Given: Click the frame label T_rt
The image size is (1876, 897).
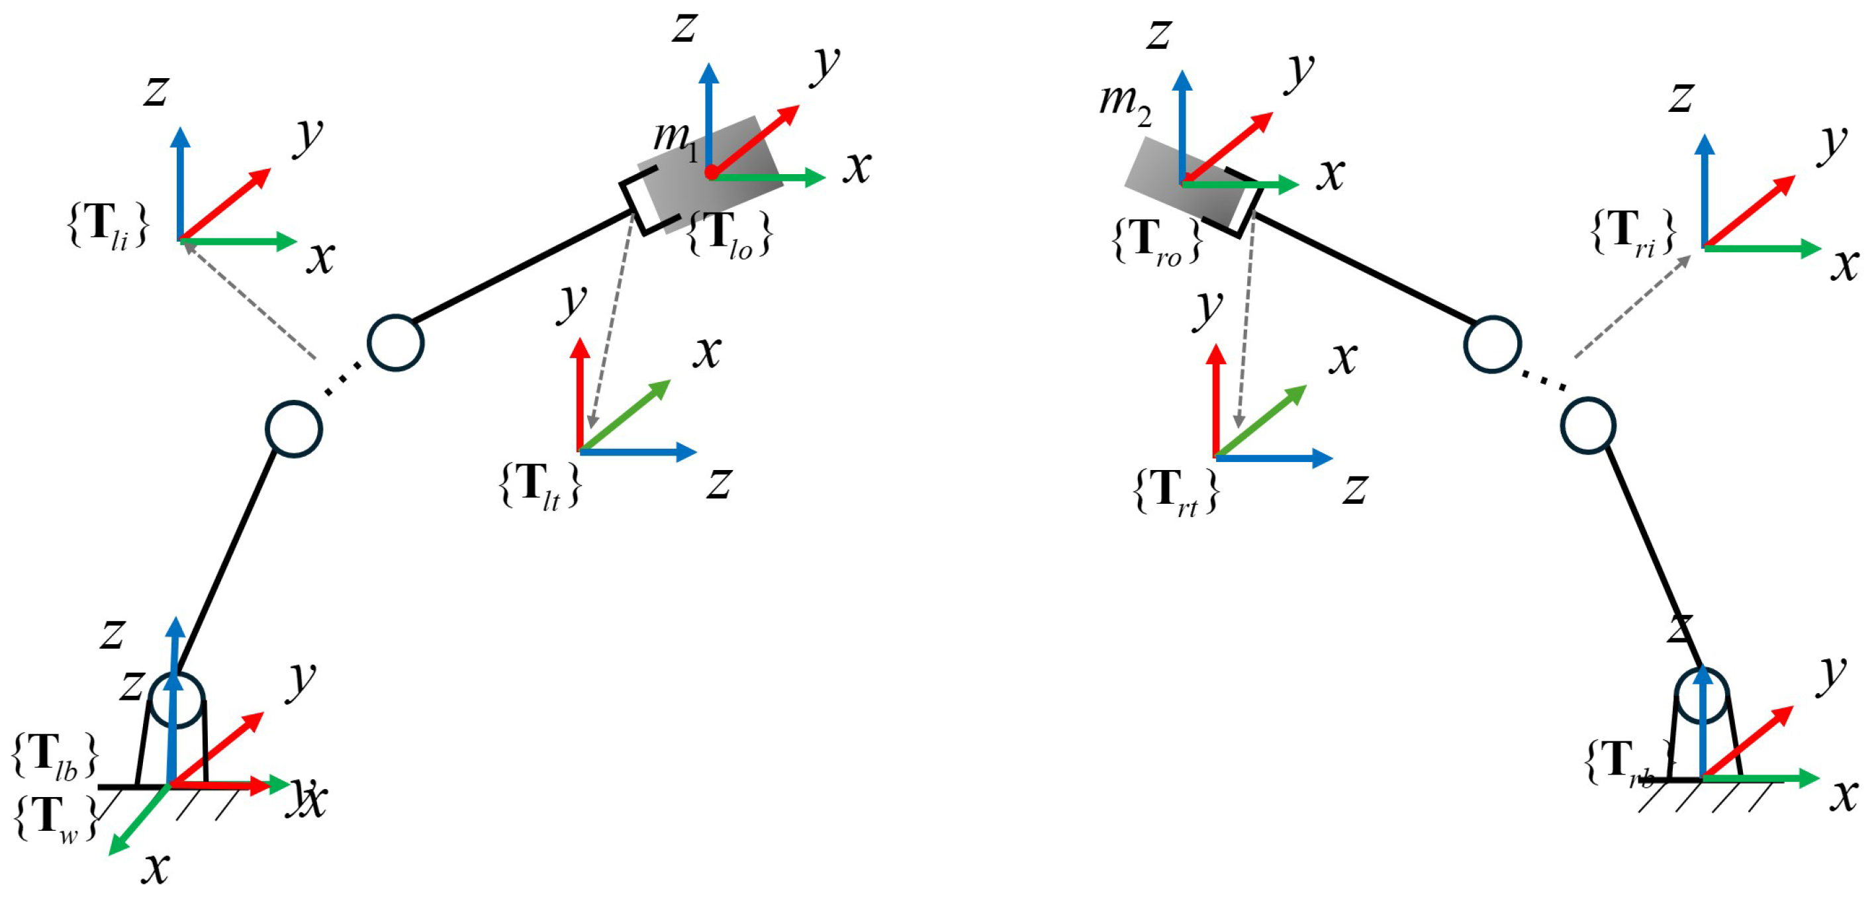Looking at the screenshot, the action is pos(1176,492).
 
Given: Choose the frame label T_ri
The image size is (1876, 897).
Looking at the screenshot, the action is pos(1634,232).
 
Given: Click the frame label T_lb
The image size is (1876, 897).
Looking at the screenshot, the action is pos(56,756).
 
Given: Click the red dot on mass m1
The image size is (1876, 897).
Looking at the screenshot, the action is pos(712,173).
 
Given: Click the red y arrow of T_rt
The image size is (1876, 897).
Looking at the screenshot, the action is pos(1215,401).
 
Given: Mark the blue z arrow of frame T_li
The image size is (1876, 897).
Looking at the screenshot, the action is pos(180,182).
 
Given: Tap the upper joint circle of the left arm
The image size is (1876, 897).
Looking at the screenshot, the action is pos(395,343).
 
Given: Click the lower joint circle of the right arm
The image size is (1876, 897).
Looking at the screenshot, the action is pos(1588,426).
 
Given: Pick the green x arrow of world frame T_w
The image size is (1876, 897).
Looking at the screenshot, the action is pos(138,821).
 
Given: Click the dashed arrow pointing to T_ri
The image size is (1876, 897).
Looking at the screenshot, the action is pos(1631,307).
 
